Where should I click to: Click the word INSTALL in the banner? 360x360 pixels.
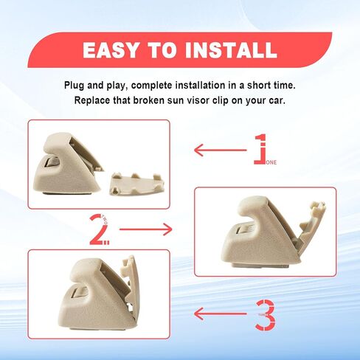point(232,50)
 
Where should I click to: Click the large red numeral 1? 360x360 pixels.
point(259,148)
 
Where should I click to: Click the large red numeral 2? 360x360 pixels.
point(99,229)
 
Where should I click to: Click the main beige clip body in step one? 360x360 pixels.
point(66,162)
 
